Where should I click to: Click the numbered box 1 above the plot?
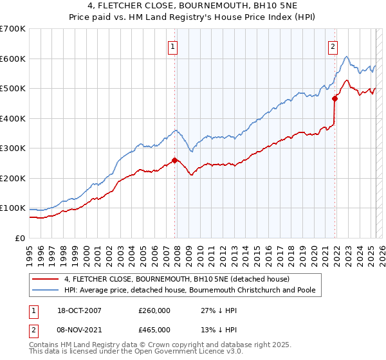174,46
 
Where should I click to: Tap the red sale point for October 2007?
174,160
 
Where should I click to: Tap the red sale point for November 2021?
335,99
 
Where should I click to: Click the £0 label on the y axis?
20,238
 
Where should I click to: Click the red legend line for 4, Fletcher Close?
44,279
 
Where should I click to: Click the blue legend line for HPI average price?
44,290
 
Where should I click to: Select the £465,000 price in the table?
154,329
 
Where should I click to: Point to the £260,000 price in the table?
154,310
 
